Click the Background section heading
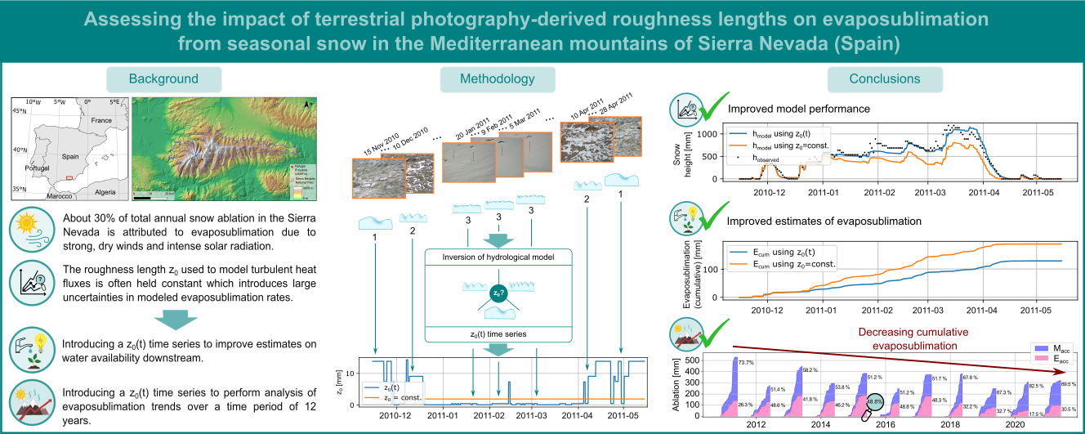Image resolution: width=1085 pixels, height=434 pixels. (163, 79)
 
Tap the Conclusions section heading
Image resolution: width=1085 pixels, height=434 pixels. (885, 79)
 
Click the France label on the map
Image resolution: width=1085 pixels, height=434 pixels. (100, 120)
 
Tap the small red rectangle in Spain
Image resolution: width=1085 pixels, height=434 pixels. (70, 177)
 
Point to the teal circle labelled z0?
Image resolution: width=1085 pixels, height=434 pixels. (498, 293)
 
